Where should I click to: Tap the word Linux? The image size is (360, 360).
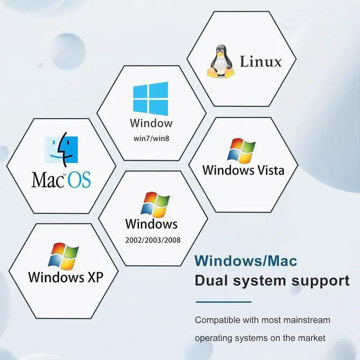tap(260, 61)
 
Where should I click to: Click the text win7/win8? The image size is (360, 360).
tap(151, 137)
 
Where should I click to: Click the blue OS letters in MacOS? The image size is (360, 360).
tap(79, 180)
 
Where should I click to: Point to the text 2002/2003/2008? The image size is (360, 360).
tap(151, 240)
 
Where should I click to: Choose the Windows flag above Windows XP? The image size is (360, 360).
tap(63, 256)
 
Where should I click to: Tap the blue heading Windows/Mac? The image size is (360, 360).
tap(246, 261)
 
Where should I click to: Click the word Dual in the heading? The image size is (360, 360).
tap(212, 280)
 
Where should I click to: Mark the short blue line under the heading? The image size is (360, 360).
tap(223, 302)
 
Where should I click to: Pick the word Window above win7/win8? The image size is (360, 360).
tap(151, 123)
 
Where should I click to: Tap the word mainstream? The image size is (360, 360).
tap(308, 320)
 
